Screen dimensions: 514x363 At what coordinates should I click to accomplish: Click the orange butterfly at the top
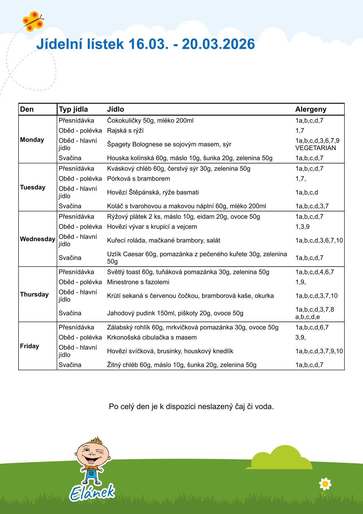pyautogui.click(x=32, y=21)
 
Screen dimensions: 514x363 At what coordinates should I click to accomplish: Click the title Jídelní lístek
pyautogui.click(x=145, y=44)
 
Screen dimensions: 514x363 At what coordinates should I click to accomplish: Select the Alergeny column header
pyautogui.click(x=311, y=109)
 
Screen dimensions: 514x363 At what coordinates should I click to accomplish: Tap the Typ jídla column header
pyautogui.click(x=73, y=109)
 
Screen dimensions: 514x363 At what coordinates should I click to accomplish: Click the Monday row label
pyautogui.click(x=32, y=140)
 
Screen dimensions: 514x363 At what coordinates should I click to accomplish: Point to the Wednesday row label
pyautogui.click(x=37, y=239)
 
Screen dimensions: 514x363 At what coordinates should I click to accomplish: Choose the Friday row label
pyautogui.click(x=30, y=346)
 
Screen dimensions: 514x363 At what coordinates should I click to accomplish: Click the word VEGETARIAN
pyautogui.click(x=315, y=148)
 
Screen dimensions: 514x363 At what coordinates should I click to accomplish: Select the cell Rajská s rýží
pyautogui.click(x=125, y=131)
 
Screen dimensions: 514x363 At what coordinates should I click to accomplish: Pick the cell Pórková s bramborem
pyautogui.click(x=138, y=178)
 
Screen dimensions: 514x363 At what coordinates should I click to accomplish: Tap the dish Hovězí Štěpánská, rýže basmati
pyautogui.click(x=153, y=192)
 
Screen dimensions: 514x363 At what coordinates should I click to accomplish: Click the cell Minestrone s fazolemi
pyautogui.click(x=138, y=282)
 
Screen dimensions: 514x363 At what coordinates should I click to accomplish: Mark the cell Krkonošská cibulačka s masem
pyautogui.click(x=152, y=337)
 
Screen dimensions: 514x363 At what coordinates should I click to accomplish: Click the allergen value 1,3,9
pyautogui.click(x=302, y=227)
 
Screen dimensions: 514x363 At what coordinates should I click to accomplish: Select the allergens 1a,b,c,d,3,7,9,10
pyautogui.click(x=319, y=351)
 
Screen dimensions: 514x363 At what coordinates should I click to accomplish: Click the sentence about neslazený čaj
pyautogui.click(x=191, y=407)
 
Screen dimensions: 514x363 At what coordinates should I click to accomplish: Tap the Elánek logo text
pyautogui.click(x=92, y=492)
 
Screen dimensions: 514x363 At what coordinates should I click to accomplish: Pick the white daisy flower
pyautogui.click(x=325, y=484)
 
